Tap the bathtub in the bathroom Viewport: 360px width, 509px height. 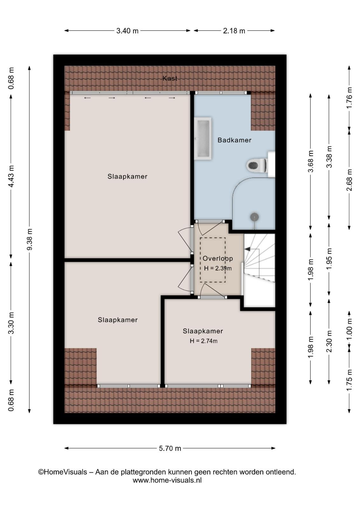pos(203,138)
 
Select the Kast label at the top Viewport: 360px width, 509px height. pos(170,78)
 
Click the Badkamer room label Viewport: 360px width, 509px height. pos(234,140)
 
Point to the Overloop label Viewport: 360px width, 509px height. pos(218,258)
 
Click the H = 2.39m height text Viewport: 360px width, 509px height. pos(218,268)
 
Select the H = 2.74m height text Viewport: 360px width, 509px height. pos(204,341)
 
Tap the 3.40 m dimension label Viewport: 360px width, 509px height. pos(128,31)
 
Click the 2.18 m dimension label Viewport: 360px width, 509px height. pos(234,31)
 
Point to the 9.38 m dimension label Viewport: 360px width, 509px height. pos(30,239)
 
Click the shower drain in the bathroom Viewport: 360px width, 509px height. pos(255,217)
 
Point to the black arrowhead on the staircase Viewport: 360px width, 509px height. pos(247,249)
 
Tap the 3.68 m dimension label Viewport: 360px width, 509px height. pos(311,161)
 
